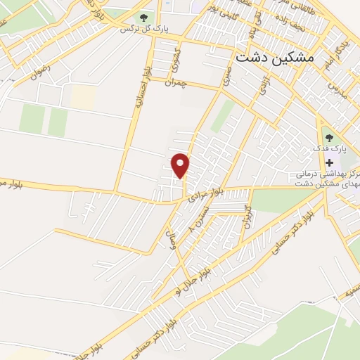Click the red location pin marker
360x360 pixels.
(181, 165)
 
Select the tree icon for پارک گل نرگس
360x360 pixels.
(143, 17)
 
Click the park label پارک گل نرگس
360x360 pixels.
(136, 30)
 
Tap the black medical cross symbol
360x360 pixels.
(329, 162)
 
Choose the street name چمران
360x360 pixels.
(176, 83)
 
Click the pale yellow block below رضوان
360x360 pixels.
(84, 97)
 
